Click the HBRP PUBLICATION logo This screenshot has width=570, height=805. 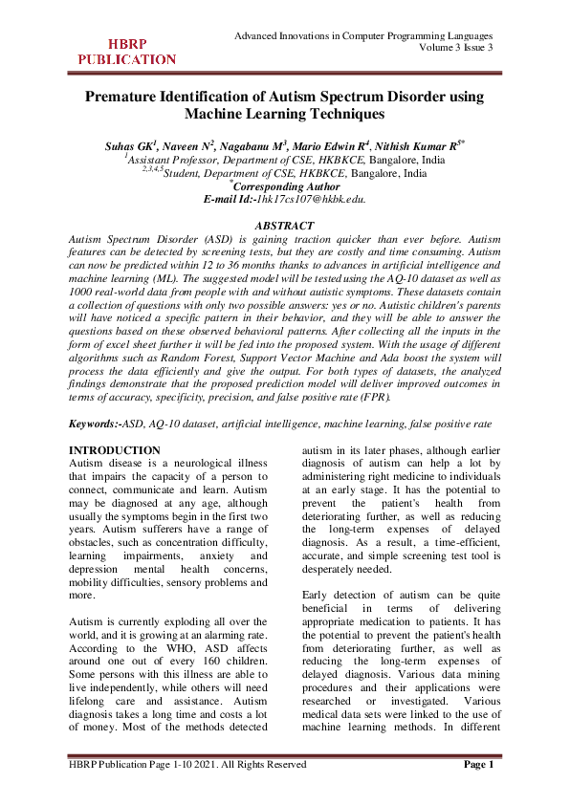click(126, 52)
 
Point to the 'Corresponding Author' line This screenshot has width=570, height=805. click(287, 186)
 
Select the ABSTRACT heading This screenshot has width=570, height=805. click(285, 225)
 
